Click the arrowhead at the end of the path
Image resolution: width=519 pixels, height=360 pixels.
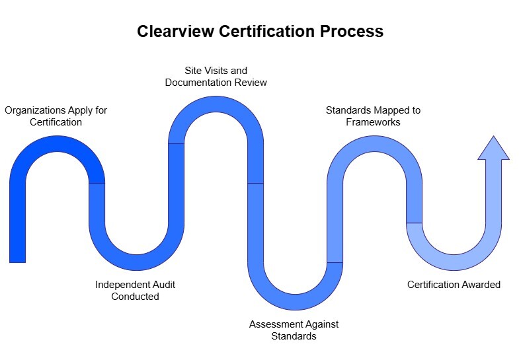pyautogui.click(x=493, y=149)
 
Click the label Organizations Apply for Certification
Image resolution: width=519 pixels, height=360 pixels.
pyautogui.click(x=56, y=116)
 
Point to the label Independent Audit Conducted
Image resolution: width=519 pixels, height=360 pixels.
pyautogui.click(x=135, y=291)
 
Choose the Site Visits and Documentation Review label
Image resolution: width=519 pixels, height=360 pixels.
pyautogui.click(x=216, y=77)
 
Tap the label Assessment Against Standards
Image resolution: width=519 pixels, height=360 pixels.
pyautogui.click(x=294, y=330)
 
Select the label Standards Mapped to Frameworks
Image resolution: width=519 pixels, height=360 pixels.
pyautogui.click(x=373, y=116)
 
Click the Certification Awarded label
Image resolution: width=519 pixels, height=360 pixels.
pyautogui.click(x=454, y=285)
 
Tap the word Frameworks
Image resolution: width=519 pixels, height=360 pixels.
pyautogui.click(x=373, y=122)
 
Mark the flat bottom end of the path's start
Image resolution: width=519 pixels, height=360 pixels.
pyautogui.click(x=18, y=262)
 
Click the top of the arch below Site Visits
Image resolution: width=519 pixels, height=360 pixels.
pyautogui.click(x=216, y=104)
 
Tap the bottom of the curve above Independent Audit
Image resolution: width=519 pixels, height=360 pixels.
pyautogui.click(x=136, y=262)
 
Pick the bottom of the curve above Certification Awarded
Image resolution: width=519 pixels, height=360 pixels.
pyautogui.click(x=454, y=262)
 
